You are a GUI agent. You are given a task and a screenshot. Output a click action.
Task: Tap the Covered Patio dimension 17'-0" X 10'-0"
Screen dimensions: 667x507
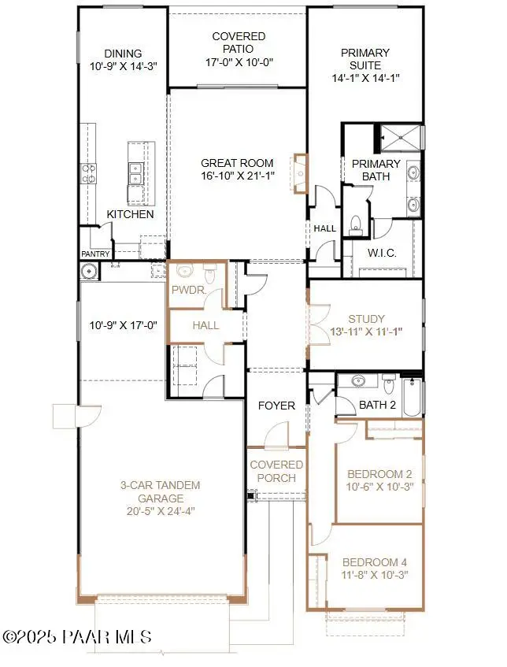(239, 63)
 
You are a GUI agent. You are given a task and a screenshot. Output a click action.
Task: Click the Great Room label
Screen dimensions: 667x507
(237, 163)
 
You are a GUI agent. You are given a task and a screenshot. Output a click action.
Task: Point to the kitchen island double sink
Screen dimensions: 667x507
(135, 172)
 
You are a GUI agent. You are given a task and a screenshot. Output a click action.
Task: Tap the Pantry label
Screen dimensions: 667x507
(95, 254)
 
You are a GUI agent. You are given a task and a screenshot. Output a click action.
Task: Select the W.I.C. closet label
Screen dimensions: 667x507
(382, 253)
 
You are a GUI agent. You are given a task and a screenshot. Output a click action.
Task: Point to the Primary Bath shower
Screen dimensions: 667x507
(401, 137)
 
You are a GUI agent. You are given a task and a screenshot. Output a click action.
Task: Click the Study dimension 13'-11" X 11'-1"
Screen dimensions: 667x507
(366, 332)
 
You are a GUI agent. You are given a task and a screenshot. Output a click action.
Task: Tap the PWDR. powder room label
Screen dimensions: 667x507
(188, 291)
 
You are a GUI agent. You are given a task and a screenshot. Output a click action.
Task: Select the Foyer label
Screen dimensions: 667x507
(276, 406)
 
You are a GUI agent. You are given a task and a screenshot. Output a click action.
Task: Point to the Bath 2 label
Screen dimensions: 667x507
(377, 405)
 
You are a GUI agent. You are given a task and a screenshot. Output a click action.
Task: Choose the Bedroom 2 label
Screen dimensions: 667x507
(379, 474)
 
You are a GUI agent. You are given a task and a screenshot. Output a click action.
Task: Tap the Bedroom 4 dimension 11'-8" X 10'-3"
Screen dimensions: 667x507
(374, 576)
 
